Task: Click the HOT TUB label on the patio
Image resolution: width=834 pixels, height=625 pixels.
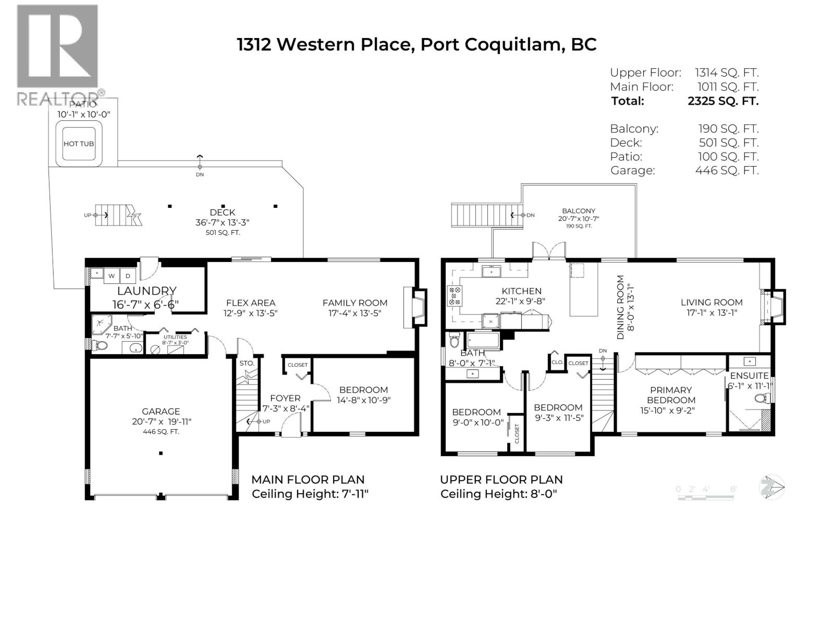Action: (79, 144)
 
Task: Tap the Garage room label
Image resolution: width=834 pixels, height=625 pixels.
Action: (161, 411)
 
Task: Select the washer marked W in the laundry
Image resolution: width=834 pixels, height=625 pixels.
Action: (112, 276)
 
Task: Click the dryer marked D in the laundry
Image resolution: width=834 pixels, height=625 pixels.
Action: (128, 276)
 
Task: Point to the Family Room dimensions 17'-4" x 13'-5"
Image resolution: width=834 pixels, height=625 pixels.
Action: (354, 313)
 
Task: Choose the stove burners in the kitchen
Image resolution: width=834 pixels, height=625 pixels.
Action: (455, 295)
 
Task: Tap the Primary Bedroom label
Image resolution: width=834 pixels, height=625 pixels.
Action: (671, 395)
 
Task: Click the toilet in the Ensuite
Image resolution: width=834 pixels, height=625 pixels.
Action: (763, 399)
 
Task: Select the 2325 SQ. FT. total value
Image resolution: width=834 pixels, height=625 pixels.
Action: (723, 101)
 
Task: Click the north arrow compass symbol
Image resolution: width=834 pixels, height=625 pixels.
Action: (771, 488)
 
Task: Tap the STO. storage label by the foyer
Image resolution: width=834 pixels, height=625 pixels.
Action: (247, 363)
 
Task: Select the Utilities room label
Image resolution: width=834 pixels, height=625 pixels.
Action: (175, 337)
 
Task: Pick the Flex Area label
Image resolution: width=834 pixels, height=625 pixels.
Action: (250, 303)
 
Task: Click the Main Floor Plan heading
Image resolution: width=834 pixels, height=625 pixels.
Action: (308, 480)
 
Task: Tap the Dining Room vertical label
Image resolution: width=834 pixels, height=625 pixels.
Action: (620, 307)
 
